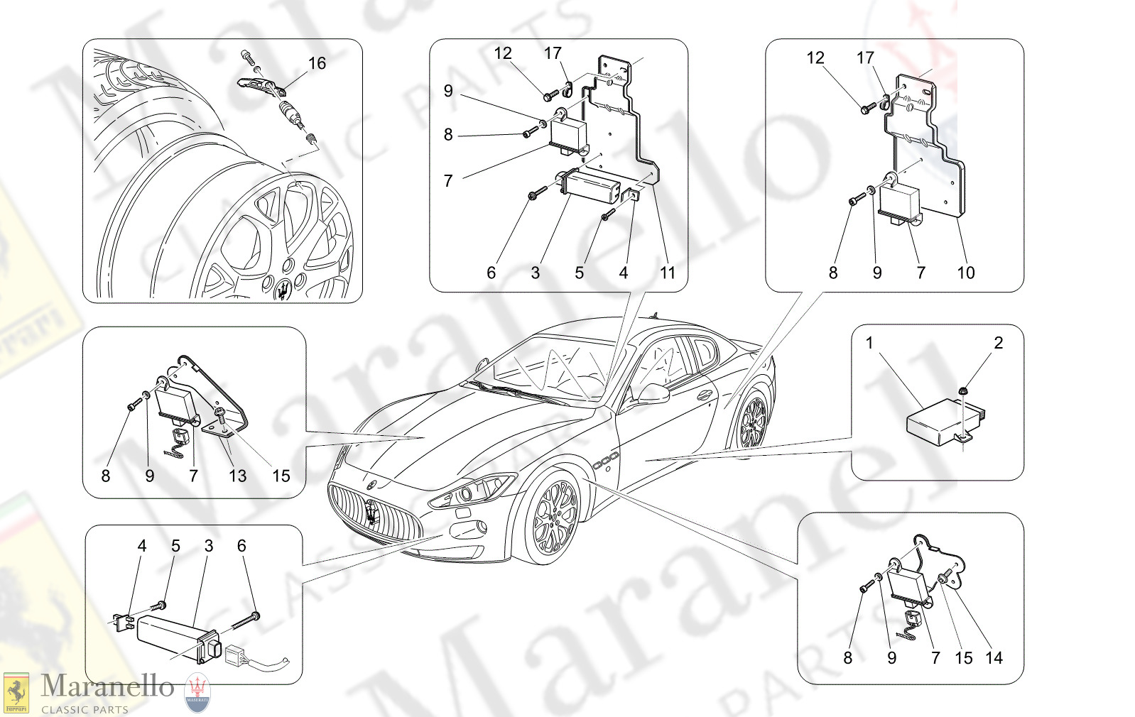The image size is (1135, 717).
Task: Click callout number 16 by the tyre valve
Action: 317,63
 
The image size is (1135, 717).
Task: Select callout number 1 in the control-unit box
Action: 869,343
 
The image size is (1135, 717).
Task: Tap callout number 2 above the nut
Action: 998,343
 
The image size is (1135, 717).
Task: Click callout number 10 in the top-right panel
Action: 965,273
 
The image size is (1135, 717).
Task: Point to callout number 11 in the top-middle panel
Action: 667,273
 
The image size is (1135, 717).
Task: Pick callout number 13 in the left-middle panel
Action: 237,476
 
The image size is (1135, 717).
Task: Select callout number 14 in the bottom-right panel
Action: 994,658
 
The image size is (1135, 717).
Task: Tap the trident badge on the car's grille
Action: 371,510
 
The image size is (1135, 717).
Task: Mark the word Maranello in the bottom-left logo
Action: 107,686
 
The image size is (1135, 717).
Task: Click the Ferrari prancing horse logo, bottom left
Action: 16,692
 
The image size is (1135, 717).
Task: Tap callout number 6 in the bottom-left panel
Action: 241,546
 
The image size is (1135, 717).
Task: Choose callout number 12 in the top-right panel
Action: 815,58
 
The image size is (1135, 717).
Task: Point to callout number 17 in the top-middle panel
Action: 553,53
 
